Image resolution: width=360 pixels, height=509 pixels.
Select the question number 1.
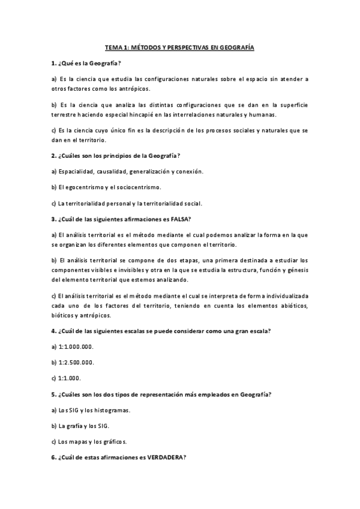(x=53, y=63)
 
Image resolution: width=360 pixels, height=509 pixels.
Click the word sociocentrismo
(x=137, y=187)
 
